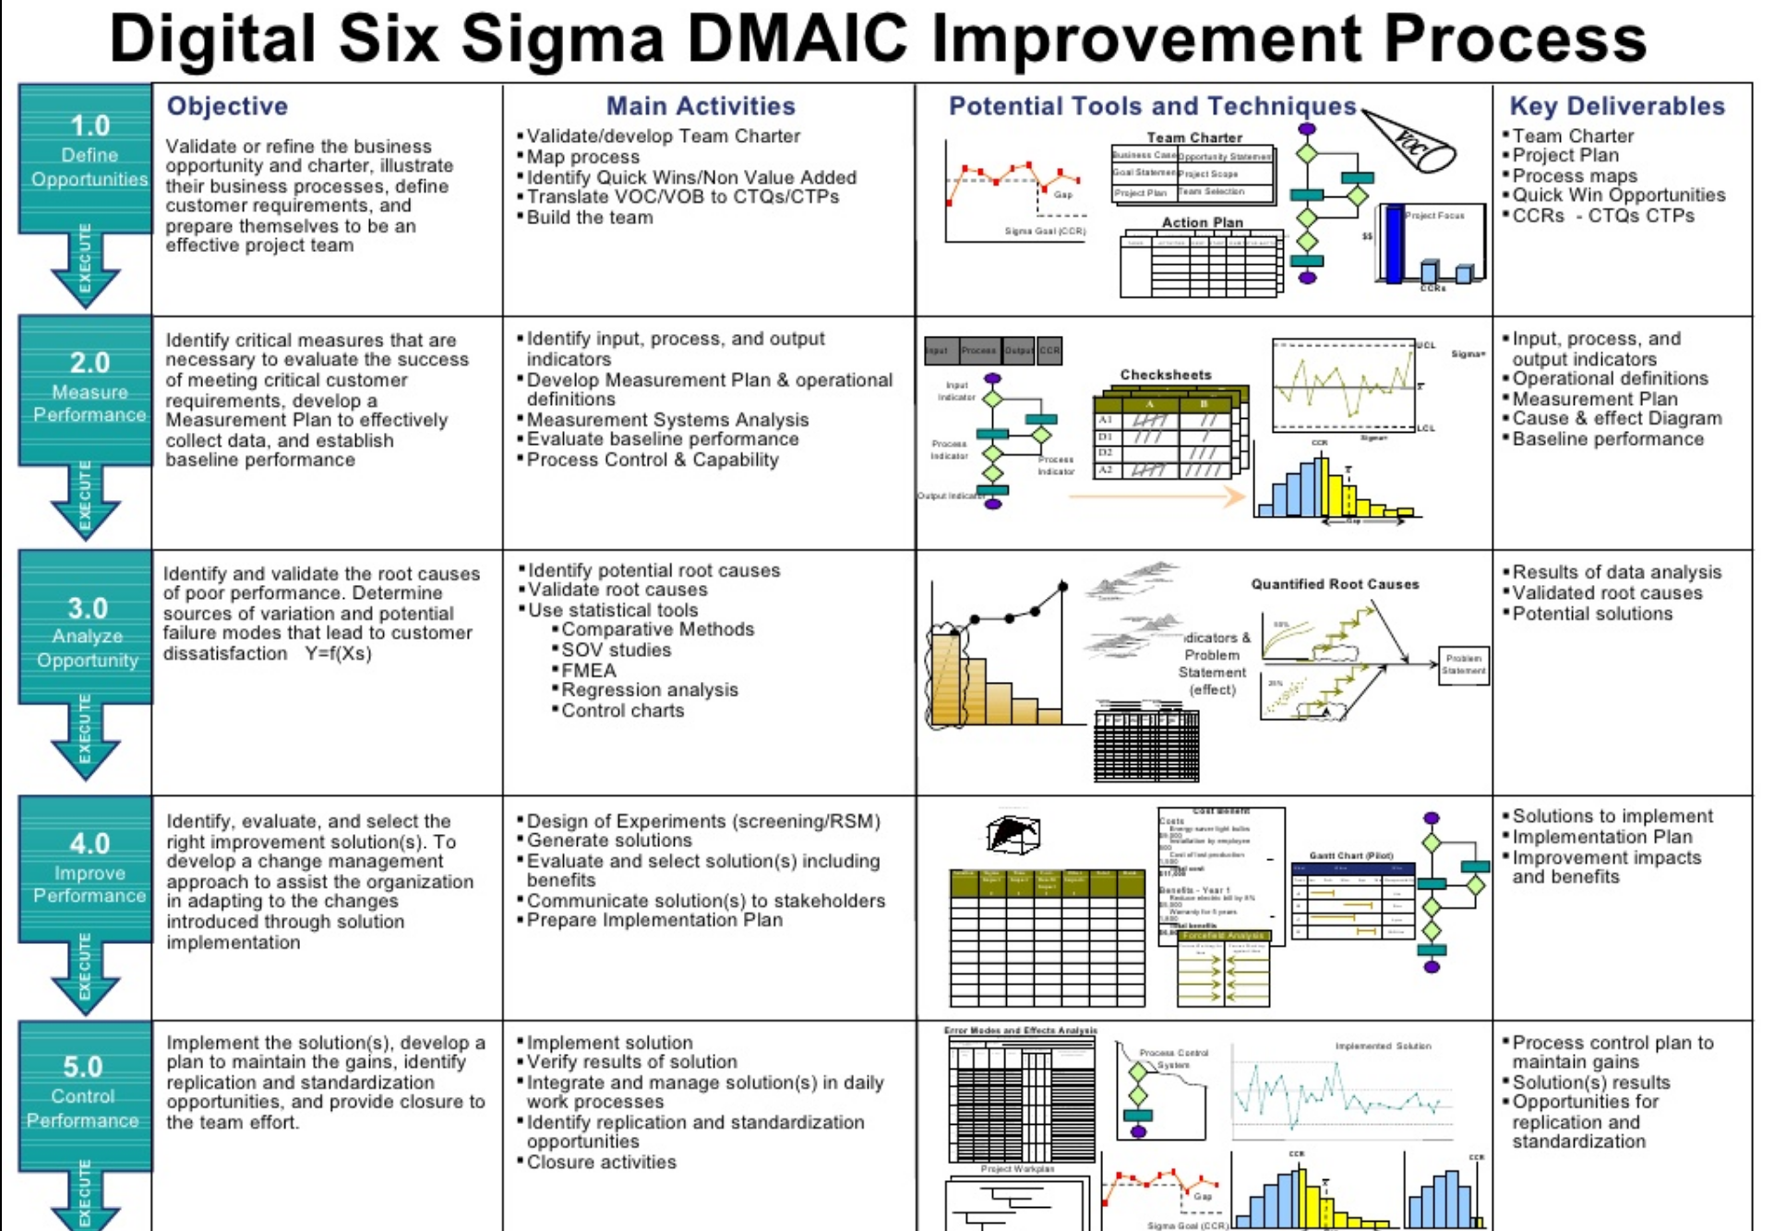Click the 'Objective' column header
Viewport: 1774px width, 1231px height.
click(x=227, y=106)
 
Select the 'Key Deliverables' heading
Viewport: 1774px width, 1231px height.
click(x=1616, y=106)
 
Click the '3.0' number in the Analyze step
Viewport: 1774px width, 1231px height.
click(x=88, y=608)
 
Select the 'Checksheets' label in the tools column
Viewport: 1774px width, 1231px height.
click(x=1165, y=375)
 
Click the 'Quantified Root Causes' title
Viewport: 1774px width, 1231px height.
click(x=1335, y=584)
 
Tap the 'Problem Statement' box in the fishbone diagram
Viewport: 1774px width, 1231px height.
click(x=1464, y=664)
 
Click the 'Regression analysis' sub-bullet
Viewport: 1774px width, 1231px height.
click(x=649, y=690)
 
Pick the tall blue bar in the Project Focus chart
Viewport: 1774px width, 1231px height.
click(x=1393, y=244)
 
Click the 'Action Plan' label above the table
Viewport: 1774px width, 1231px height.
click(x=1202, y=222)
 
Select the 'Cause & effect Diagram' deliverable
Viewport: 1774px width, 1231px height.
click(x=1616, y=418)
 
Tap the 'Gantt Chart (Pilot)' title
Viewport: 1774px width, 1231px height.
click(x=1350, y=855)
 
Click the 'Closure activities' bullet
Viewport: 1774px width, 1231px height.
click(x=601, y=1162)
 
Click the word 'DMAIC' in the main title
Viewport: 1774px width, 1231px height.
click(x=797, y=39)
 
